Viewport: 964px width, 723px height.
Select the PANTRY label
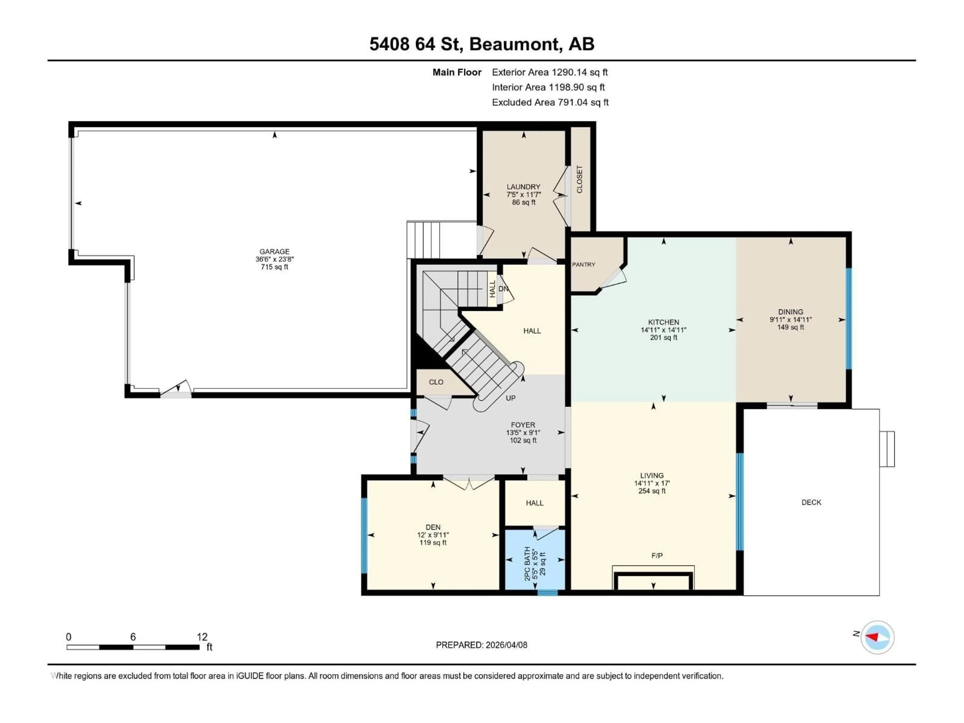click(x=583, y=265)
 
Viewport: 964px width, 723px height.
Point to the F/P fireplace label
click(x=657, y=556)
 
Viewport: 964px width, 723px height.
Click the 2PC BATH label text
click(x=527, y=564)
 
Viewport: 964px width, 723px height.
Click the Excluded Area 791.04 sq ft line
click(x=550, y=102)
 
